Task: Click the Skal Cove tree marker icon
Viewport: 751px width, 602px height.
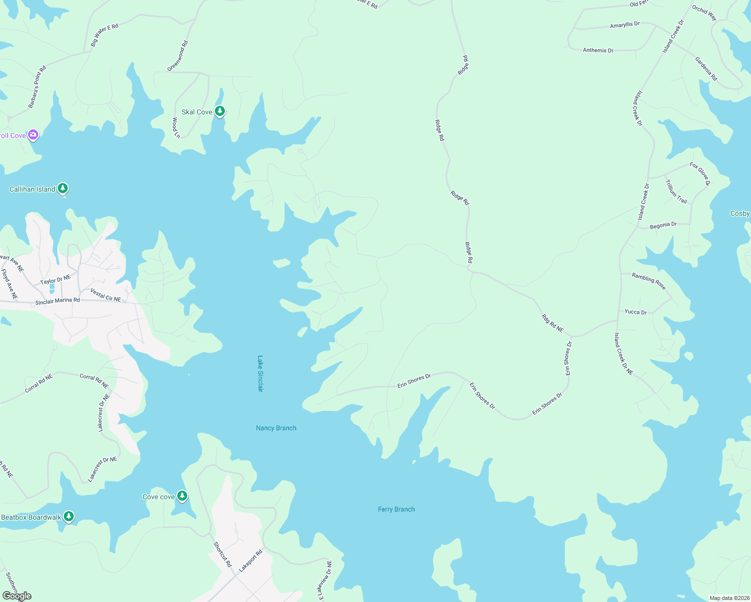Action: click(x=219, y=111)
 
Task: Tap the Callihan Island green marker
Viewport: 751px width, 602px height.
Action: click(x=62, y=188)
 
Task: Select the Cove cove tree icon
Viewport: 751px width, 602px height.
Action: click(x=182, y=496)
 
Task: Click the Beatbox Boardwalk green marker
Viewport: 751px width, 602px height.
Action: click(x=68, y=516)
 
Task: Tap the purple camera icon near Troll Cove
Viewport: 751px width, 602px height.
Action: click(x=33, y=134)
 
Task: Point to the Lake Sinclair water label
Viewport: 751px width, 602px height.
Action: click(x=260, y=374)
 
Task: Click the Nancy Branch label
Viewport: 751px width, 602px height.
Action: click(x=276, y=428)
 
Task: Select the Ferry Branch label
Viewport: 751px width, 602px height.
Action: click(x=396, y=509)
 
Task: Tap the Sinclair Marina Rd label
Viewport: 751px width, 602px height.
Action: click(x=57, y=302)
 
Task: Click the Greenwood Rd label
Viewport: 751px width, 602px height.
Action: click(x=177, y=56)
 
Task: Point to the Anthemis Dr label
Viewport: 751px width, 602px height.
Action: click(x=598, y=50)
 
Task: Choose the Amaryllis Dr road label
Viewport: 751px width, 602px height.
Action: click(x=624, y=25)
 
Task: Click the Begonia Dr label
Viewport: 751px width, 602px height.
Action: click(x=663, y=225)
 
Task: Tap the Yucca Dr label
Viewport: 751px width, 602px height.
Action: click(x=636, y=312)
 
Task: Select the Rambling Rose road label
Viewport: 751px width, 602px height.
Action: click(x=649, y=281)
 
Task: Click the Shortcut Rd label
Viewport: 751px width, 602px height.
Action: click(x=222, y=554)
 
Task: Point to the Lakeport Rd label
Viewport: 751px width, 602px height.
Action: click(x=251, y=561)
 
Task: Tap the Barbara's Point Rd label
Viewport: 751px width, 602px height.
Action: click(x=37, y=87)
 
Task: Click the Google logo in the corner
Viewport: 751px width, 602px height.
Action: click(x=17, y=596)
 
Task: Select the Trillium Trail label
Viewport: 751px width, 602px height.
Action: click(x=676, y=191)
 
